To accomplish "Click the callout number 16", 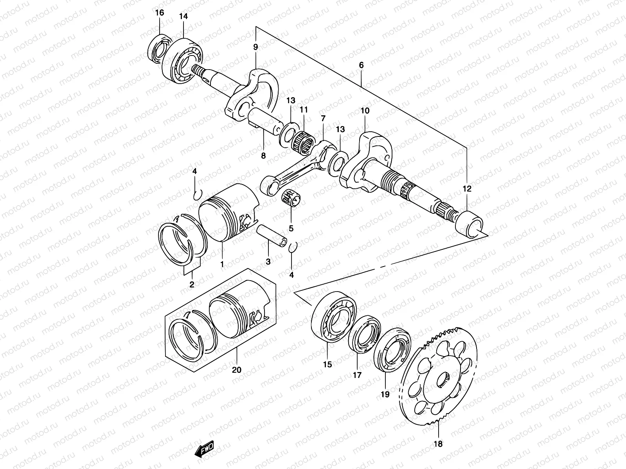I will [160, 13].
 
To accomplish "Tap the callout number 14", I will [183, 16].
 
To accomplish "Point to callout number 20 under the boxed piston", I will [237, 370].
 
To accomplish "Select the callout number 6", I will [361, 65].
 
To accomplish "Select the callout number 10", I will [365, 111].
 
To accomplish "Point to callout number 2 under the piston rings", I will [192, 285].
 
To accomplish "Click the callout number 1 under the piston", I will [222, 265].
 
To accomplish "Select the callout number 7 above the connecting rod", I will [323, 118].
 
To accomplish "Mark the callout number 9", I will [255, 47].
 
